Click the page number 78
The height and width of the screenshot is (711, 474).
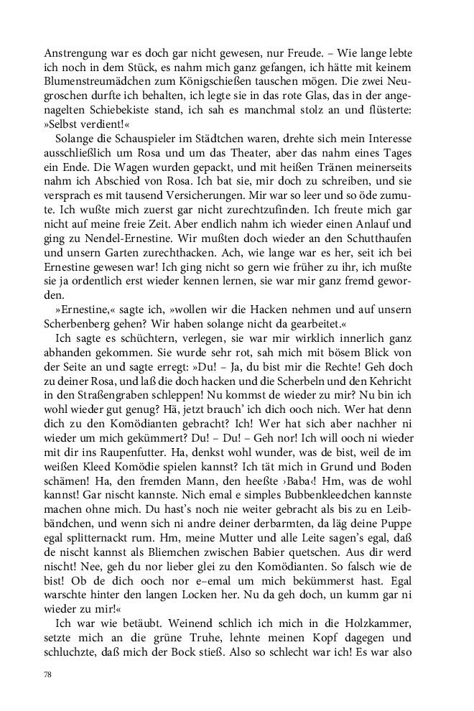[x=48, y=676]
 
